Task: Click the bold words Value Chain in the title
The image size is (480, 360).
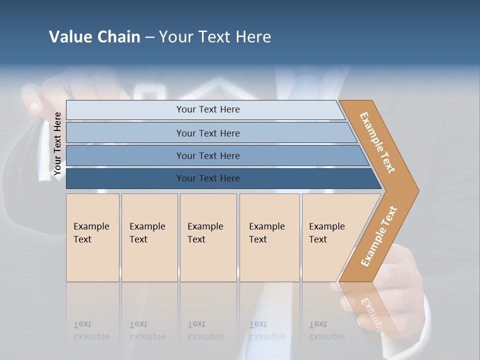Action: pyautogui.click(x=94, y=37)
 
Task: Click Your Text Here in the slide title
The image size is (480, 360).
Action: pyautogui.click(x=215, y=37)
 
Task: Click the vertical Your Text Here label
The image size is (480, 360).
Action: pyautogui.click(x=57, y=143)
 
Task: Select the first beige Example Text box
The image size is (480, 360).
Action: pyautogui.click(x=92, y=237)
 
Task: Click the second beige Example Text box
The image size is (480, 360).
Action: pyautogui.click(x=149, y=237)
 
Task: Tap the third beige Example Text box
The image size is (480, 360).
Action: pyautogui.click(x=208, y=237)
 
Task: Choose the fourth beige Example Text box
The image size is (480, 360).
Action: pyautogui.click(x=269, y=237)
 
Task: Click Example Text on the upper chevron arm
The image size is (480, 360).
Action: pyautogui.click(x=377, y=142)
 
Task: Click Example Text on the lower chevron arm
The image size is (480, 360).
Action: pyautogui.click(x=379, y=236)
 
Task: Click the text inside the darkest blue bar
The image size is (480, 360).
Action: pyautogui.click(x=208, y=178)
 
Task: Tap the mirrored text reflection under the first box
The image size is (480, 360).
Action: pyautogui.click(x=91, y=331)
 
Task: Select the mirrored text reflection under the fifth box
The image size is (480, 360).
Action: pyautogui.click(x=326, y=331)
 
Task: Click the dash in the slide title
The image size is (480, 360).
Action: pyautogui.click(x=149, y=37)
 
